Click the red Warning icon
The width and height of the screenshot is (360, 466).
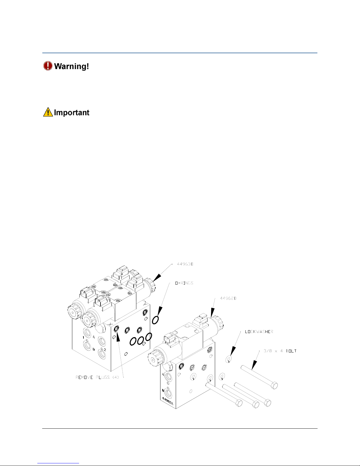pyautogui.click(x=48, y=66)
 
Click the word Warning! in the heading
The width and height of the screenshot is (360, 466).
pyautogui.click(x=71, y=66)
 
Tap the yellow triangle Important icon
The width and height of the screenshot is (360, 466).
pyautogui.click(x=48, y=112)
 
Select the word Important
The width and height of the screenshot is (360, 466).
pyautogui.click(x=72, y=113)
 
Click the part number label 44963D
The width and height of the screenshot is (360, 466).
pyautogui.click(x=185, y=264)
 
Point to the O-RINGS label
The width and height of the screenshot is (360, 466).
pyautogui.click(x=184, y=283)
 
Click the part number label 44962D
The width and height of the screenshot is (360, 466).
pyautogui.click(x=228, y=298)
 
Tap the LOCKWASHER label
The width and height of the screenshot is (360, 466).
pyautogui.click(x=259, y=332)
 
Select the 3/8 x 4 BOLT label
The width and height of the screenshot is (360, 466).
pyautogui.click(x=280, y=351)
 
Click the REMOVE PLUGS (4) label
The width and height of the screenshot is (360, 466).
pyautogui.click(x=98, y=378)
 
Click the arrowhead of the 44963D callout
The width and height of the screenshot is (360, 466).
pyautogui.click(x=157, y=278)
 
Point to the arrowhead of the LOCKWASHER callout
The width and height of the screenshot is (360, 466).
pyautogui.click(x=232, y=352)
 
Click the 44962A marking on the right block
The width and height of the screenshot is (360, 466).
pyautogui.click(x=169, y=399)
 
